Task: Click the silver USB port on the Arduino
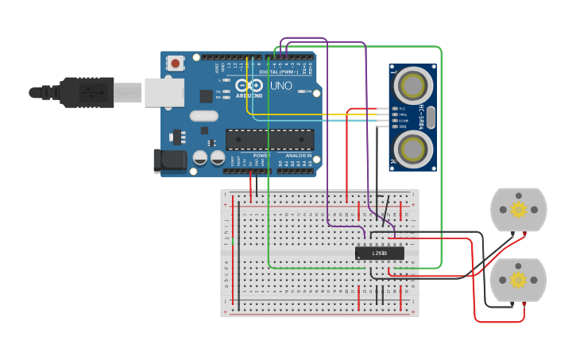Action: pos(164,92)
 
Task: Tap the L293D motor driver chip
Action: pos(379,253)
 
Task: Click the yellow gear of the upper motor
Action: pos(519,210)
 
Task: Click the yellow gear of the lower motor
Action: pos(519,280)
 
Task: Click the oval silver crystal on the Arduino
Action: pos(204,116)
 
